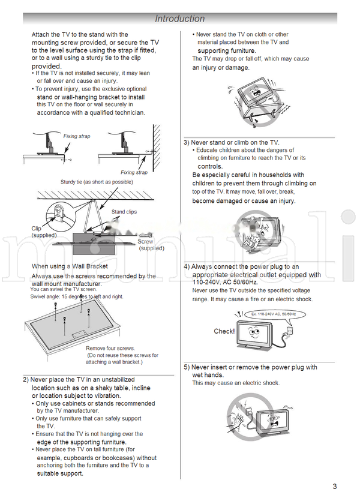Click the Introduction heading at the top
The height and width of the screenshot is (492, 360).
[179, 19]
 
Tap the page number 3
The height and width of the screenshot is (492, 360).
[334, 486]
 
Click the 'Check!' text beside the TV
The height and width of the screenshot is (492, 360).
[224, 331]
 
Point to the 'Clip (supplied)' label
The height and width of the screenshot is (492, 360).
[43, 232]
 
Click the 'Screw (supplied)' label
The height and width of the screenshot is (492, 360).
[151, 245]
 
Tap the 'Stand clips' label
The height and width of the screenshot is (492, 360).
[124, 212]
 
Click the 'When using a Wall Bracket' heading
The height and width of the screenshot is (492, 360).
[70, 266]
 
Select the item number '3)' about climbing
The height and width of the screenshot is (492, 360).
[187, 143]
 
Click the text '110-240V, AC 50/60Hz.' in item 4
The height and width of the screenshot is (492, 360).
[225, 282]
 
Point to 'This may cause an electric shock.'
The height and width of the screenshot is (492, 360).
[235, 383]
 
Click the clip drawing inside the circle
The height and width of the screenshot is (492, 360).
[58, 212]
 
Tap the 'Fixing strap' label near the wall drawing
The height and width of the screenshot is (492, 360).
[133, 173]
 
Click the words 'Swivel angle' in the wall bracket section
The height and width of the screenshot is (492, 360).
[46, 296]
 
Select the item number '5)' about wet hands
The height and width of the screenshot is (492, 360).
[187, 367]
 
